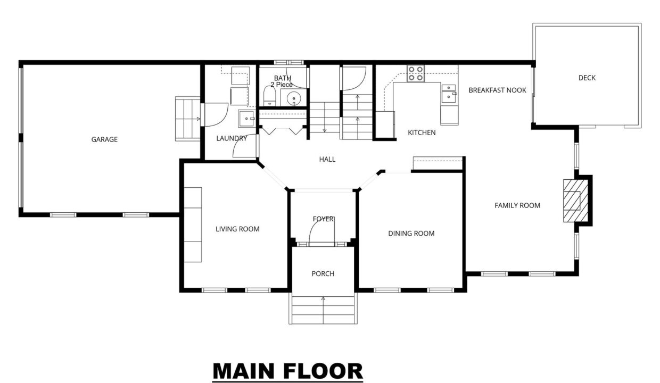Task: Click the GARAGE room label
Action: pyautogui.click(x=104, y=139)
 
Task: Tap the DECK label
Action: pyautogui.click(x=587, y=78)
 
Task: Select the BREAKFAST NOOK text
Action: pyautogui.click(x=497, y=90)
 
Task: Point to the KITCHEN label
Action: pyautogui.click(x=422, y=132)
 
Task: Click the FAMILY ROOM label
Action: pyautogui.click(x=517, y=205)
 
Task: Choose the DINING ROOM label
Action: pyautogui.click(x=411, y=234)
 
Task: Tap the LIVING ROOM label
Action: pyautogui.click(x=237, y=229)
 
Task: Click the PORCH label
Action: pyautogui.click(x=323, y=273)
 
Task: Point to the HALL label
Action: pyautogui.click(x=327, y=159)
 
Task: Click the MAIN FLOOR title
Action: pyautogui.click(x=287, y=371)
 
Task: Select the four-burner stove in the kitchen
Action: pyautogui.click(x=416, y=73)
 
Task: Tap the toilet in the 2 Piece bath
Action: pyautogui.click(x=269, y=96)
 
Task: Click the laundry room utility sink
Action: pyautogui.click(x=246, y=118)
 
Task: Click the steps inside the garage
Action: pyautogui.click(x=188, y=119)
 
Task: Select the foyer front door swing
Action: pyautogui.click(x=321, y=231)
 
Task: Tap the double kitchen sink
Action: pyautogui.click(x=449, y=93)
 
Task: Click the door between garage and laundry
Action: pyautogui.click(x=216, y=114)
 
